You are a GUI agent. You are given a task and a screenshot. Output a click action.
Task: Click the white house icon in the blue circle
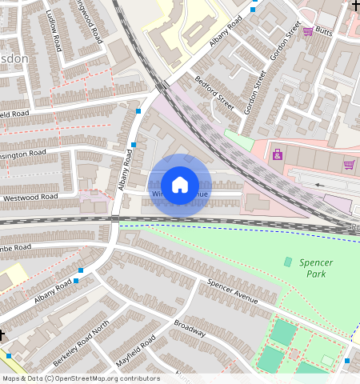click(x=180, y=185)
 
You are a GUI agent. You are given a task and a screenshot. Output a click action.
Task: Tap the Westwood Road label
click(x=30, y=196)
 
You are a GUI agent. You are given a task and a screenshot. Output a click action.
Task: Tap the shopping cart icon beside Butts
click(x=308, y=31)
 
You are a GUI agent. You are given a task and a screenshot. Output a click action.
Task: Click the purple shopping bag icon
click(x=278, y=154)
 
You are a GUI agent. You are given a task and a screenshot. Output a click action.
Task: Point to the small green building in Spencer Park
click(x=288, y=262)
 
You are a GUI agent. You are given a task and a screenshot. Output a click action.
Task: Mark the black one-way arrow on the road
click(x=321, y=185)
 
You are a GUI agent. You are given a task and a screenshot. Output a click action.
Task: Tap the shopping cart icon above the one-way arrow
click(x=349, y=164)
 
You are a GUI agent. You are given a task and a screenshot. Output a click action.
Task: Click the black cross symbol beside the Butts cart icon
click(x=355, y=6)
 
